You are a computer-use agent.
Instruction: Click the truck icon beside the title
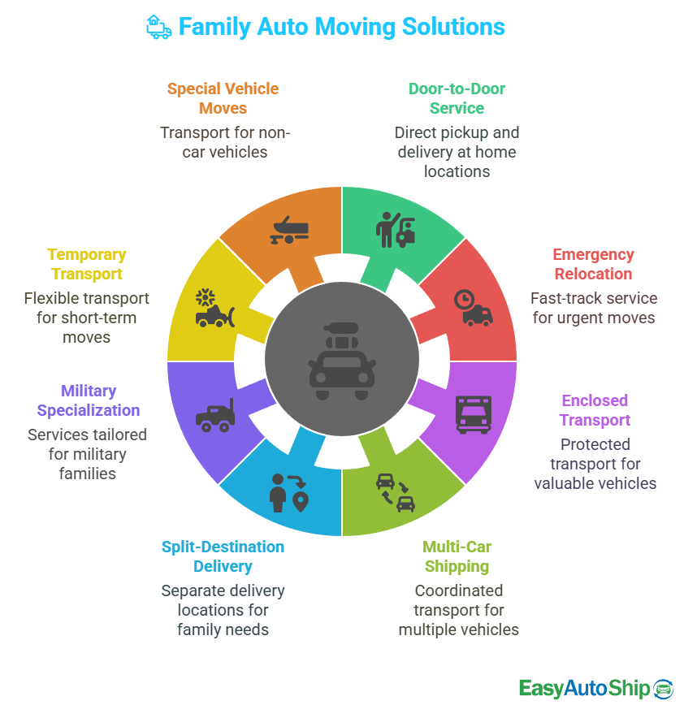[x=158, y=27]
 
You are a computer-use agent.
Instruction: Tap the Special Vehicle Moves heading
[x=223, y=98]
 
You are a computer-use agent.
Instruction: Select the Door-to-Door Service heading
[x=457, y=98]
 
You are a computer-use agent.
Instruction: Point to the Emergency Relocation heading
[x=593, y=264]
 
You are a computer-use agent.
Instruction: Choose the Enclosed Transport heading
[x=595, y=410]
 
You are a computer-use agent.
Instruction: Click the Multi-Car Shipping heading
[x=457, y=556]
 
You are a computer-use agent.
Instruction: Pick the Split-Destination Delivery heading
[x=223, y=556]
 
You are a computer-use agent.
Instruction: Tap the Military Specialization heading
[x=88, y=400]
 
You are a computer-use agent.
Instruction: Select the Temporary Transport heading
[x=86, y=264]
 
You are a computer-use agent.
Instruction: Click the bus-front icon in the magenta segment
[x=473, y=413]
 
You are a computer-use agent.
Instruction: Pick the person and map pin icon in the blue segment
[x=289, y=492]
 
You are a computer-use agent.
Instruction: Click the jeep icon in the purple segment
[x=214, y=415]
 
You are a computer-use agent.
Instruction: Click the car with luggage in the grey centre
[x=342, y=361]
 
